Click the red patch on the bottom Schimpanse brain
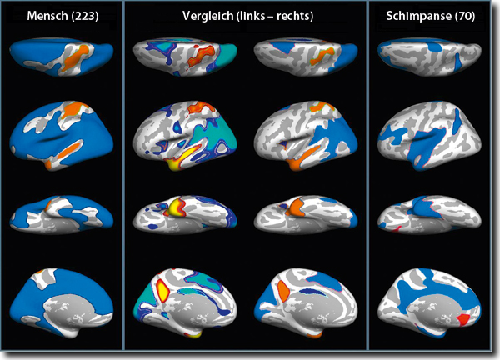pos(463,318)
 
